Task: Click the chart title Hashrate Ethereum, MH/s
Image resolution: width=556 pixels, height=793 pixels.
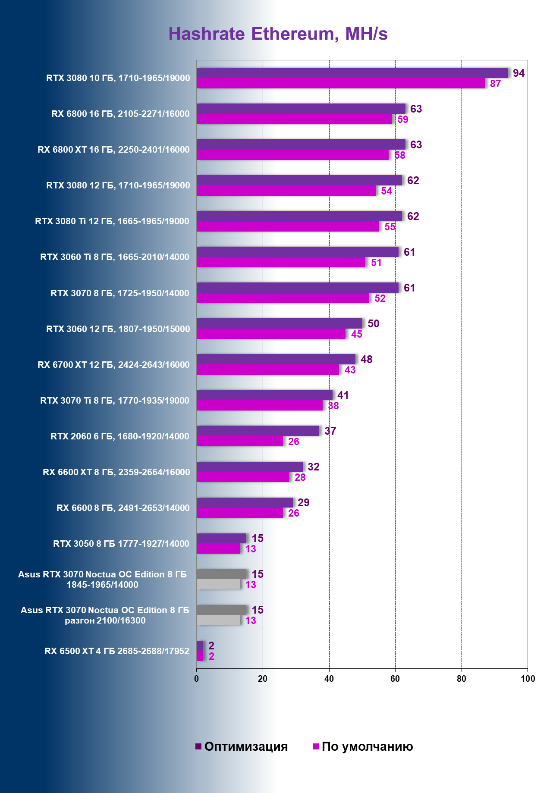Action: click(x=278, y=34)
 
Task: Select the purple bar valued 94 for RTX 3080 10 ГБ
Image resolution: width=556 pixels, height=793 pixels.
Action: click(x=352, y=73)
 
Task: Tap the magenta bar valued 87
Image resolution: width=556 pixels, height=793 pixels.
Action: click(x=341, y=83)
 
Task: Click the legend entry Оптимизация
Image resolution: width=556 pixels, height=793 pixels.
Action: click(x=242, y=746)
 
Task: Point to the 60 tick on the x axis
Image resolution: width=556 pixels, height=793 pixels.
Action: click(x=395, y=679)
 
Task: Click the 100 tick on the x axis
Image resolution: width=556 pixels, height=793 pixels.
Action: click(x=528, y=679)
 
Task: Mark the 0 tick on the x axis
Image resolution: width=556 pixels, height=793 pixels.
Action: click(x=197, y=679)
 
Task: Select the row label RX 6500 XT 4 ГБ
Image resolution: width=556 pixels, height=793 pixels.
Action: click(x=117, y=651)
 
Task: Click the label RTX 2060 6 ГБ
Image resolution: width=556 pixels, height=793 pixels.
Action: click(x=120, y=436)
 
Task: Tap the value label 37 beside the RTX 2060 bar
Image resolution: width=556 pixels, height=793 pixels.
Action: click(x=330, y=431)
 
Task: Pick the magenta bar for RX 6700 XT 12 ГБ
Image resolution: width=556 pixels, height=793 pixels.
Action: click(x=268, y=370)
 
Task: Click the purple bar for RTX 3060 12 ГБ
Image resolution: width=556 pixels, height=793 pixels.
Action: click(x=280, y=323)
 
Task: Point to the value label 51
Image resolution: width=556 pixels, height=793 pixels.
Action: click(x=376, y=263)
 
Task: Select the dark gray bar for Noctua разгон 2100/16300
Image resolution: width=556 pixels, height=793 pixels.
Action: click(x=222, y=610)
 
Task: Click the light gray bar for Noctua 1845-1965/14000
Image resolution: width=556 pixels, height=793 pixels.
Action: click(x=218, y=584)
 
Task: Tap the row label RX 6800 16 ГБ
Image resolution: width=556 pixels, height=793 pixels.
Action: click(x=120, y=114)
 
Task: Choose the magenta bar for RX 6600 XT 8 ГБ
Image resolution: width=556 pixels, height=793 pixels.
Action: click(x=243, y=477)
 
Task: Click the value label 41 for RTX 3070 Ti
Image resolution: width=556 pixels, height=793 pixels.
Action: click(x=343, y=395)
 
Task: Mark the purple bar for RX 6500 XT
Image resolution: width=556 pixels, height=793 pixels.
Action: click(x=200, y=646)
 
